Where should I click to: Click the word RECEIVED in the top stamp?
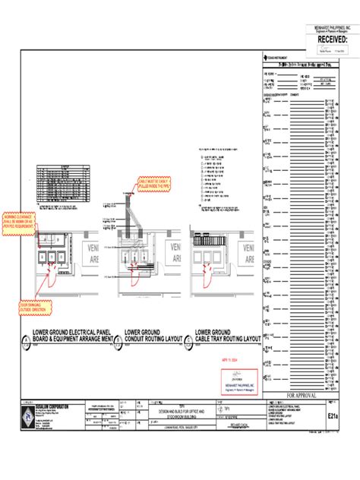pos(328,39)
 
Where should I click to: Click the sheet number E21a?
pos(333,415)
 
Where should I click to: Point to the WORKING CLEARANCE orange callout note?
pos(20,220)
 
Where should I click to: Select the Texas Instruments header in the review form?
pos(276,57)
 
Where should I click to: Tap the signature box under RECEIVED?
pos(328,50)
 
